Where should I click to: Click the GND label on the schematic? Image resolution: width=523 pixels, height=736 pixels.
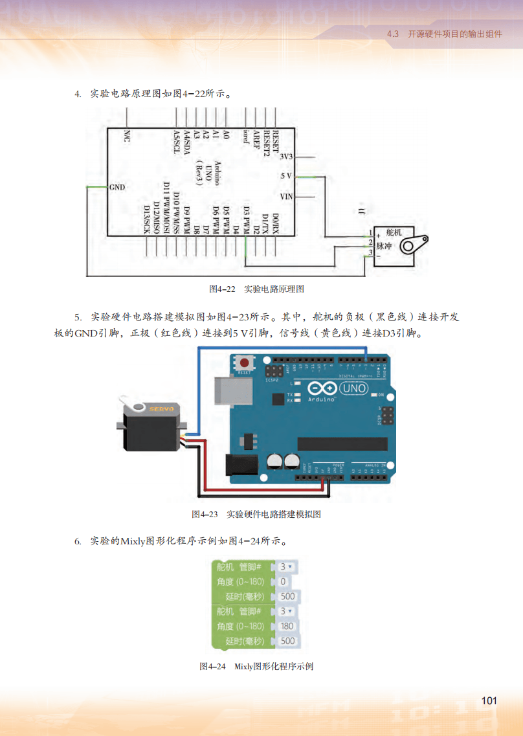pos(117,187)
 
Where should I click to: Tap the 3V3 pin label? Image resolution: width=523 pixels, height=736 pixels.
pos(286,157)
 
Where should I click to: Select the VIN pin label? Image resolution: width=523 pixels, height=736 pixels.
pos(286,196)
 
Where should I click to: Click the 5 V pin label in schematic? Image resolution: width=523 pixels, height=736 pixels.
pos(287,176)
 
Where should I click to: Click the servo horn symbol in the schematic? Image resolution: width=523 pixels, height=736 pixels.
pos(412,245)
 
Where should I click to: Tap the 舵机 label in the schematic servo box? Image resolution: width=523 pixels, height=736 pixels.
pos(394,232)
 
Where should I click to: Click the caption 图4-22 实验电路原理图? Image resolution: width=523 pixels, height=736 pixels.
pos(256,289)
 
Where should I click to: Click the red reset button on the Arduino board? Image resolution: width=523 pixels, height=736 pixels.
pos(245,362)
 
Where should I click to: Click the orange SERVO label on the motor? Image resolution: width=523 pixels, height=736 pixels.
pos(161,408)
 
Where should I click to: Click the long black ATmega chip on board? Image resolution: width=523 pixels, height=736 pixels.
pos(342,444)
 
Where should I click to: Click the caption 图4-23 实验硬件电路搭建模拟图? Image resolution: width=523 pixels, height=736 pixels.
pos(256,515)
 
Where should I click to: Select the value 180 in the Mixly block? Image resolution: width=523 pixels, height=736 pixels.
pos(287,626)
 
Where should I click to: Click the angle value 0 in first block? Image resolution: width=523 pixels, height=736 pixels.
pos(283,581)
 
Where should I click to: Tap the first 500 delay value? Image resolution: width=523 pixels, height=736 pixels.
pos(287,596)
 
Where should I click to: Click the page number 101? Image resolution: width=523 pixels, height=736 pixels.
pos(489,701)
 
